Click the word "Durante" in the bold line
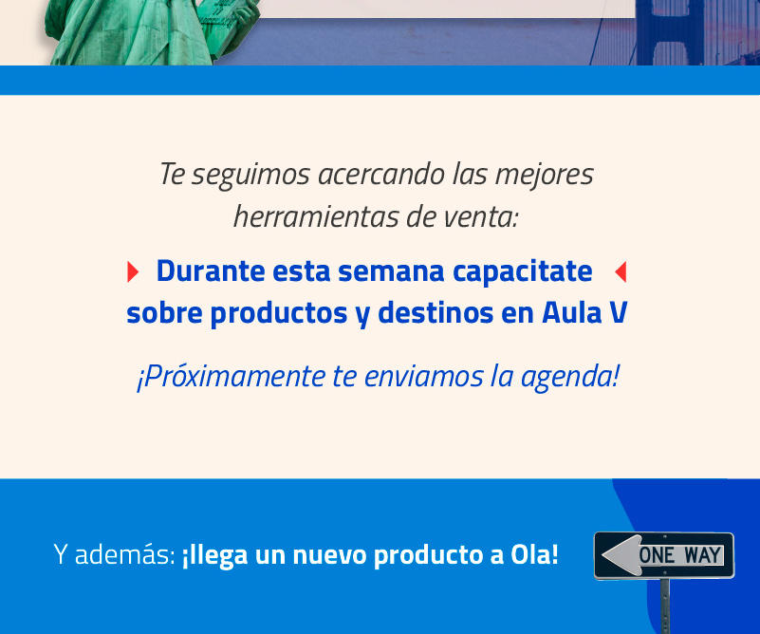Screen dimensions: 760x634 coord(211,270)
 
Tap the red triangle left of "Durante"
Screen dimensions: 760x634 coord(132,271)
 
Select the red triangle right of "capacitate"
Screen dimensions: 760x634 coord(621,271)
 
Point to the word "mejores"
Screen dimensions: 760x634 coord(544,175)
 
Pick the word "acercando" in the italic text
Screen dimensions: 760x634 coord(381,175)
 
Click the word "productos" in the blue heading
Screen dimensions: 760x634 coord(279,313)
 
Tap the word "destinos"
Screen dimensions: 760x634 coord(436,312)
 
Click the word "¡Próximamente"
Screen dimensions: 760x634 coord(232,377)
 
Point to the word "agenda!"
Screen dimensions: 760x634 coord(569,377)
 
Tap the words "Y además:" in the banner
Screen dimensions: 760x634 coord(115,554)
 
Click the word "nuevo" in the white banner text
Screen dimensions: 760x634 coord(329,555)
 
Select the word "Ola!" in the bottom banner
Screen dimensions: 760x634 coord(534,554)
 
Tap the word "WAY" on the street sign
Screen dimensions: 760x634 coord(702,555)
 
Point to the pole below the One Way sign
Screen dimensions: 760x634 coord(665,606)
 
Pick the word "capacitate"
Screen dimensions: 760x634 coord(522,271)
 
